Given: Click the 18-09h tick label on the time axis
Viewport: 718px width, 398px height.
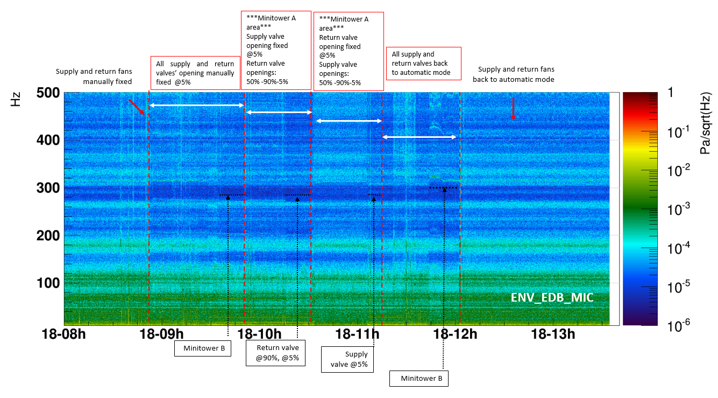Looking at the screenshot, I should click(x=161, y=334).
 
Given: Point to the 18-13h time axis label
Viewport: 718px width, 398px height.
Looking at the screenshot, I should click(x=553, y=334).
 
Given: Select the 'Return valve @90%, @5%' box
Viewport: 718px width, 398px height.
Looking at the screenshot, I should click(x=274, y=353).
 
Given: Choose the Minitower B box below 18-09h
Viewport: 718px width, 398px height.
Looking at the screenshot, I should click(x=203, y=348).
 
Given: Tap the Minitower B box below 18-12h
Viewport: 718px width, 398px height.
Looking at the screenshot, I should click(x=418, y=379).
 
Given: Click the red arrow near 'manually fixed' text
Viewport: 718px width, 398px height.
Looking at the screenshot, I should click(x=137, y=107).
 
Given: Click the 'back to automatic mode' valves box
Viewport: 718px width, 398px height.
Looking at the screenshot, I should click(x=424, y=64).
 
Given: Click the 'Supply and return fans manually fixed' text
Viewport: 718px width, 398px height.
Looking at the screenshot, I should click(x=102, y=76).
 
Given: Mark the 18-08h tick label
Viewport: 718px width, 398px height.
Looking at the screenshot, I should click(x=63, y=334).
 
